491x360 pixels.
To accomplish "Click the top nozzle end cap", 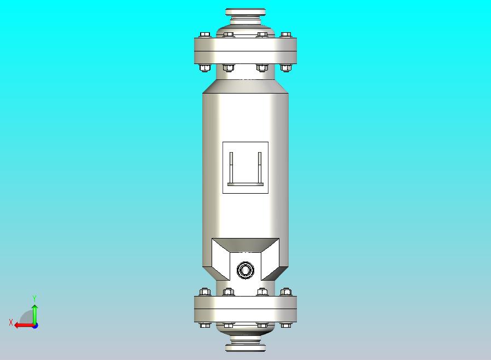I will coord(245,12).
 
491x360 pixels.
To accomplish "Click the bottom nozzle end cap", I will coord(245,347).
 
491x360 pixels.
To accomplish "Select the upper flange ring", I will coord(245,50).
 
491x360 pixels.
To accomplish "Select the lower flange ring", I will coord(245,309).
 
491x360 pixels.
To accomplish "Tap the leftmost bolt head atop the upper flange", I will coord(205,34).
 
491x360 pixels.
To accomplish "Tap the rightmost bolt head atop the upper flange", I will coord(285,34).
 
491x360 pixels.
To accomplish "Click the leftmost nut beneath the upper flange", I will coord(205,68).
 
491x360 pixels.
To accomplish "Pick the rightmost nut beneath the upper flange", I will coord(285,68).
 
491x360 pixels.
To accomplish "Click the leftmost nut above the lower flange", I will coord(205,292).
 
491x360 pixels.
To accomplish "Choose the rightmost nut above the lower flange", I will coord(285,292).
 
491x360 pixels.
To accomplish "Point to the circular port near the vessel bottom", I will coord(245,270).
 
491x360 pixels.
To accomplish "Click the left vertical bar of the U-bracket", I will coord(231,167).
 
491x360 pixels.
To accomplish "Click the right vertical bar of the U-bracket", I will coord(260,167).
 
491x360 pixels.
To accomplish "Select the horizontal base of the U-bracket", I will coord(245,184).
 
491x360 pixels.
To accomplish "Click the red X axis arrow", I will coord(22,325).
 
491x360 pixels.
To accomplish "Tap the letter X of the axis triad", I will coord(10,322).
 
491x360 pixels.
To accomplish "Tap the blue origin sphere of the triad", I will coord(34,326).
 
